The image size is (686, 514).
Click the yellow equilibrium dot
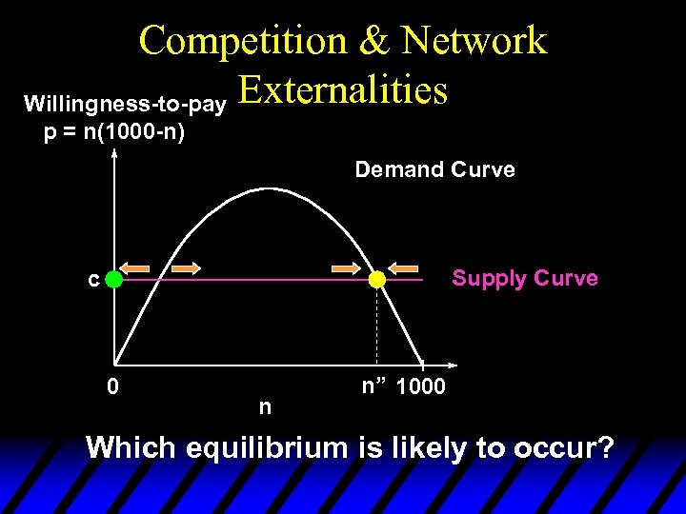point(377,280)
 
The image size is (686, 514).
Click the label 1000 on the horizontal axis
point(419,387)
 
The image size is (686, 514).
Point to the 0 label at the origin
point(112,386)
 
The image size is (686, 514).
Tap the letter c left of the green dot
point(92,280)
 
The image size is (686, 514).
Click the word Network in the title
point(474,40)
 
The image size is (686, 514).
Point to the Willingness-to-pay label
point(124,102)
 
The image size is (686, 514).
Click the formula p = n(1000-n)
point(115,131)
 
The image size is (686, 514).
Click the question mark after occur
point(603,447)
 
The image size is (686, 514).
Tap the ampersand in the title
point(373,40)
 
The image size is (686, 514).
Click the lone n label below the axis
point(265,406)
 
